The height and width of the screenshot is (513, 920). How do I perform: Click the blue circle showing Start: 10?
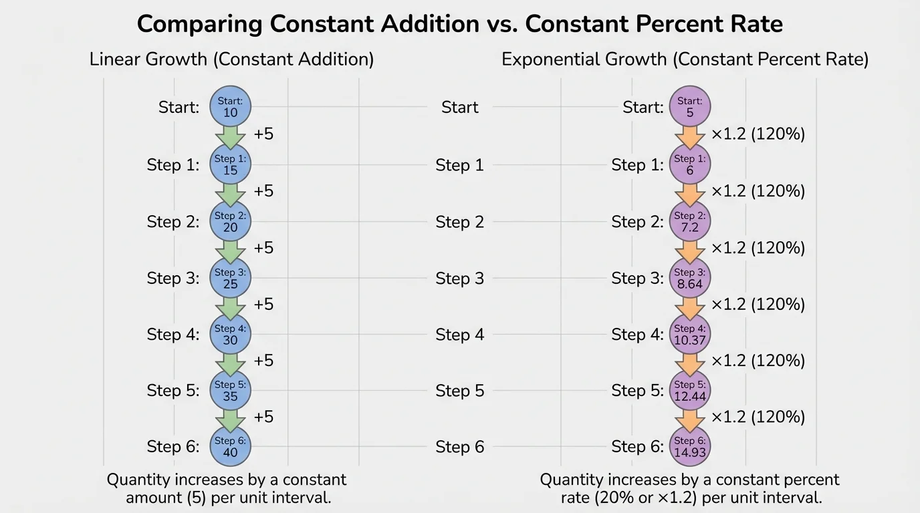coord(230,107)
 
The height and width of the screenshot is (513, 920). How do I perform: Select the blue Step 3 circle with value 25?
coord(230,278)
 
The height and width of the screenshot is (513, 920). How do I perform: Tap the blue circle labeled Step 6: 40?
coord(230,446)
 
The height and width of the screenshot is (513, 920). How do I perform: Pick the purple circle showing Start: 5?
coord(689,107)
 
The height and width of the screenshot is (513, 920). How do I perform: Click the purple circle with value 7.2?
coord(689,221)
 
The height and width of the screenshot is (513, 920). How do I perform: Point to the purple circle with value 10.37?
coord(689,334)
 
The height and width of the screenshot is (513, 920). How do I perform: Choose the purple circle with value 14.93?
coord(689,446)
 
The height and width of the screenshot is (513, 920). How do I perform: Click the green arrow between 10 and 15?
coord(230,136)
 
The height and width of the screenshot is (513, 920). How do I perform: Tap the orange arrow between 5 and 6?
coord(689,136)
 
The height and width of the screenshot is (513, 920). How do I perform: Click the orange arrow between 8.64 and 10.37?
coord(689,306)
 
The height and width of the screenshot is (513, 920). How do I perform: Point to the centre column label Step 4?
coord(459,334)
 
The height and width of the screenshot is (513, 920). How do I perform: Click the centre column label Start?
coord(459,107)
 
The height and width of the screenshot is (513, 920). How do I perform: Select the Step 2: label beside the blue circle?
coord(173,222)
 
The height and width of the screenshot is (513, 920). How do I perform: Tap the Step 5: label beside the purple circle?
coord(637,391)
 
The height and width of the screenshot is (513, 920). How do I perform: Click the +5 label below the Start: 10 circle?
coord(263,134)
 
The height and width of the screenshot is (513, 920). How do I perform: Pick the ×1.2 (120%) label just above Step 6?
coord(758,417)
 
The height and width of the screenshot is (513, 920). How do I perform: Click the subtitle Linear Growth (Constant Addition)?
coord(231,59)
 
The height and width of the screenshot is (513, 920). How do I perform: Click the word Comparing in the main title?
coord(199,24)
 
